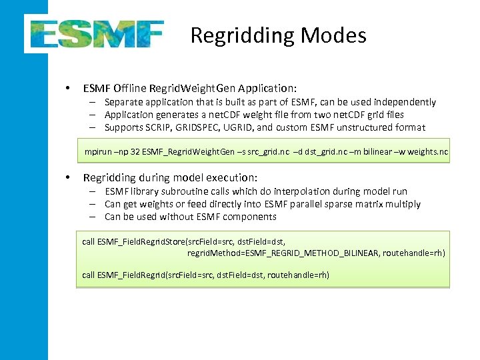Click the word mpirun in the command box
pos(98,153)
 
